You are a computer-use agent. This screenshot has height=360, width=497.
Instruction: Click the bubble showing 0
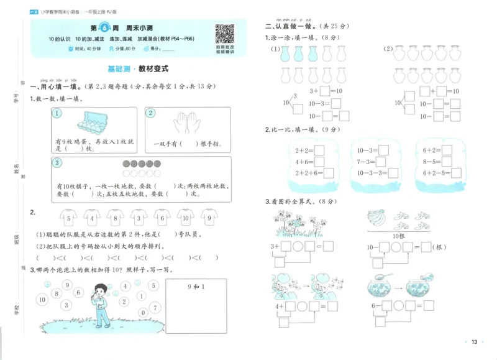[x=143, y=312]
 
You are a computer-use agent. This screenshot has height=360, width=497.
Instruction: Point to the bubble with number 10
[x=42, y=300]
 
